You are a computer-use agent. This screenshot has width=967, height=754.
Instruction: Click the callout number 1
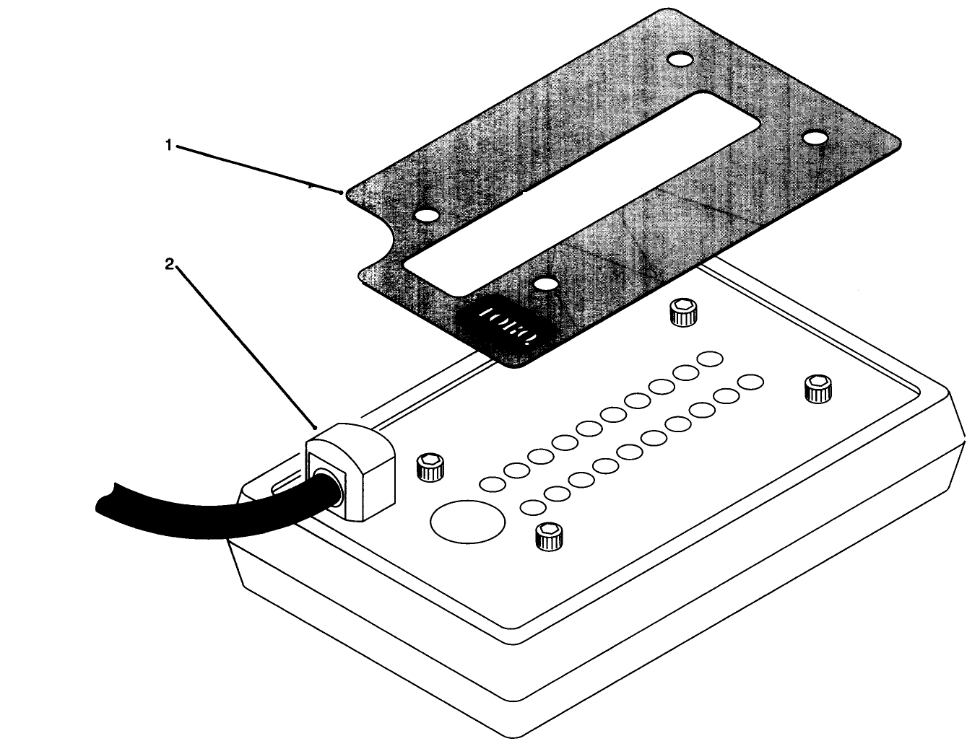point(168,145)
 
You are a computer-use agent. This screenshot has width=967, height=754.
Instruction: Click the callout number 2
point(170,264)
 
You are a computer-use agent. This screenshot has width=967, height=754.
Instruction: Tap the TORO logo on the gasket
point(506,325)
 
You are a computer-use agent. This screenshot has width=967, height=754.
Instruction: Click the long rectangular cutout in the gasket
point(578,195)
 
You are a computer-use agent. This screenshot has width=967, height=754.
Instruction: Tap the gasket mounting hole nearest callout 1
point(427,216)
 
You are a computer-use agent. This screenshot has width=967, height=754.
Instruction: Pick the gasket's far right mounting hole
point(815,136)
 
